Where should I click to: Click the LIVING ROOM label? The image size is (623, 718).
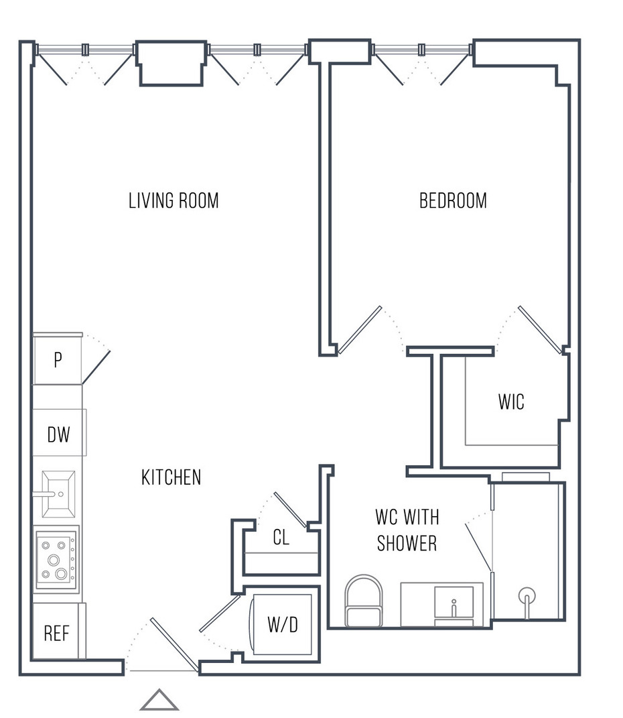coord(174,200)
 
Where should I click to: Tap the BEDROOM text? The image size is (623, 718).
coord(453,200)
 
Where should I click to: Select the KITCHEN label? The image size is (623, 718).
coord(171,477)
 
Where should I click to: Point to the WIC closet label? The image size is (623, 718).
coord(511,402)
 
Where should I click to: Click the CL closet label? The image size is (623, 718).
coord(281,537)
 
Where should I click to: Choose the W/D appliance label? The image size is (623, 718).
coord(283,624)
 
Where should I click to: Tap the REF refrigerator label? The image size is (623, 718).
coord(56,634)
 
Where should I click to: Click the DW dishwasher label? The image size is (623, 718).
coord(58,434)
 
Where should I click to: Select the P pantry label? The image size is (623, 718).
coord(58,360)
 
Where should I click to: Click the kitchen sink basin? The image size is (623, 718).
coord(58,494)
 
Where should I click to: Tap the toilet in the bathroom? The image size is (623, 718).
coord(364,601)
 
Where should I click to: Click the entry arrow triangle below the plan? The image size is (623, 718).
coord(159,699)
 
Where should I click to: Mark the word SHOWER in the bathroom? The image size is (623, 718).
coord(407,544)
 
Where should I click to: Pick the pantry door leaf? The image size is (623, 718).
coord(96,367)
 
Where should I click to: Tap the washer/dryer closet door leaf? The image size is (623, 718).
coord(220,613)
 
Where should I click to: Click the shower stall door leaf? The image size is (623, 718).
coord(479,548)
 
